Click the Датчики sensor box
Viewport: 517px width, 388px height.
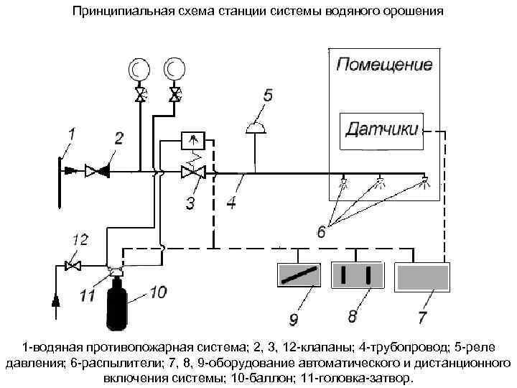click(381, 131)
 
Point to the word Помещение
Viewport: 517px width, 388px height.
click(385, 66)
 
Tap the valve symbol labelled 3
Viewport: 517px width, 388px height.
click(192, 172)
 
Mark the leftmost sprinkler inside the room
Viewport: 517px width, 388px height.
click(345, 181)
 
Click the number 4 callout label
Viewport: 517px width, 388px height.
click(230, 203)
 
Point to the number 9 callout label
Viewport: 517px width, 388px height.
click(293, 318)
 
